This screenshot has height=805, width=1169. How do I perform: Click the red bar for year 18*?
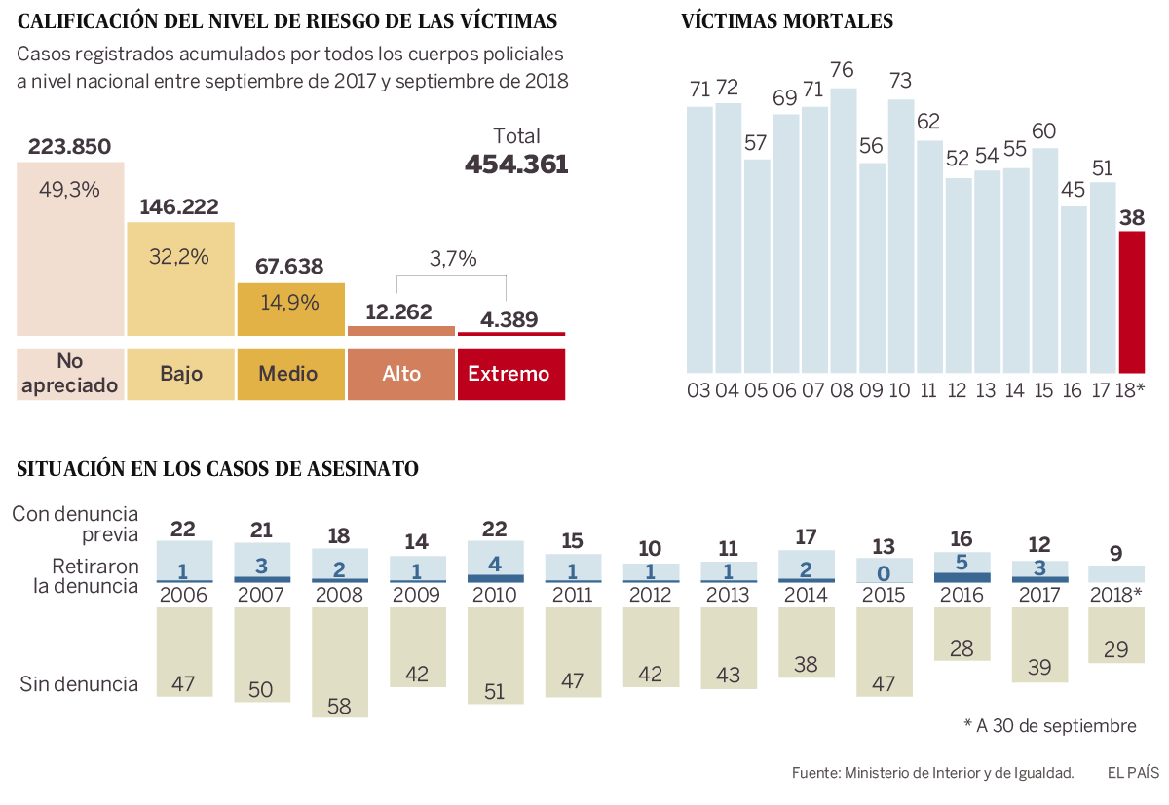pos(1132,302)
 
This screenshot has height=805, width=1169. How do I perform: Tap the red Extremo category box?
pos(510,374)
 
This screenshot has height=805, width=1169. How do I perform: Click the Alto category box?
pos(401,374)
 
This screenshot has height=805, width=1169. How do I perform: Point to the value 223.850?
pos(69,147)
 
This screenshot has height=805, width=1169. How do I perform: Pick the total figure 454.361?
pos(516,165)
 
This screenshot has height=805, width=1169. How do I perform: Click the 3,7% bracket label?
pos(454,259)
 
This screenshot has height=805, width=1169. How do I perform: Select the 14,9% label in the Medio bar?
pos(290,302)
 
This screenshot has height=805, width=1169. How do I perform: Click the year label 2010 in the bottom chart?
pos(495,595)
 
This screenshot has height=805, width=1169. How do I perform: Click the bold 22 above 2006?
pos(183,529)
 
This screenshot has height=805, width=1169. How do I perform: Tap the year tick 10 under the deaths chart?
pos(900,391)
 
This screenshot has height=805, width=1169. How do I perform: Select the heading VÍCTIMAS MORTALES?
pos(787,21)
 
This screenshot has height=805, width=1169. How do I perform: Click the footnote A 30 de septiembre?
pos(1049,726)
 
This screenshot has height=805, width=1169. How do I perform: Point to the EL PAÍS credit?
pos(1132,773)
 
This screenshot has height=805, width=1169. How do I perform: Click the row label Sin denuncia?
pos(79,684)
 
